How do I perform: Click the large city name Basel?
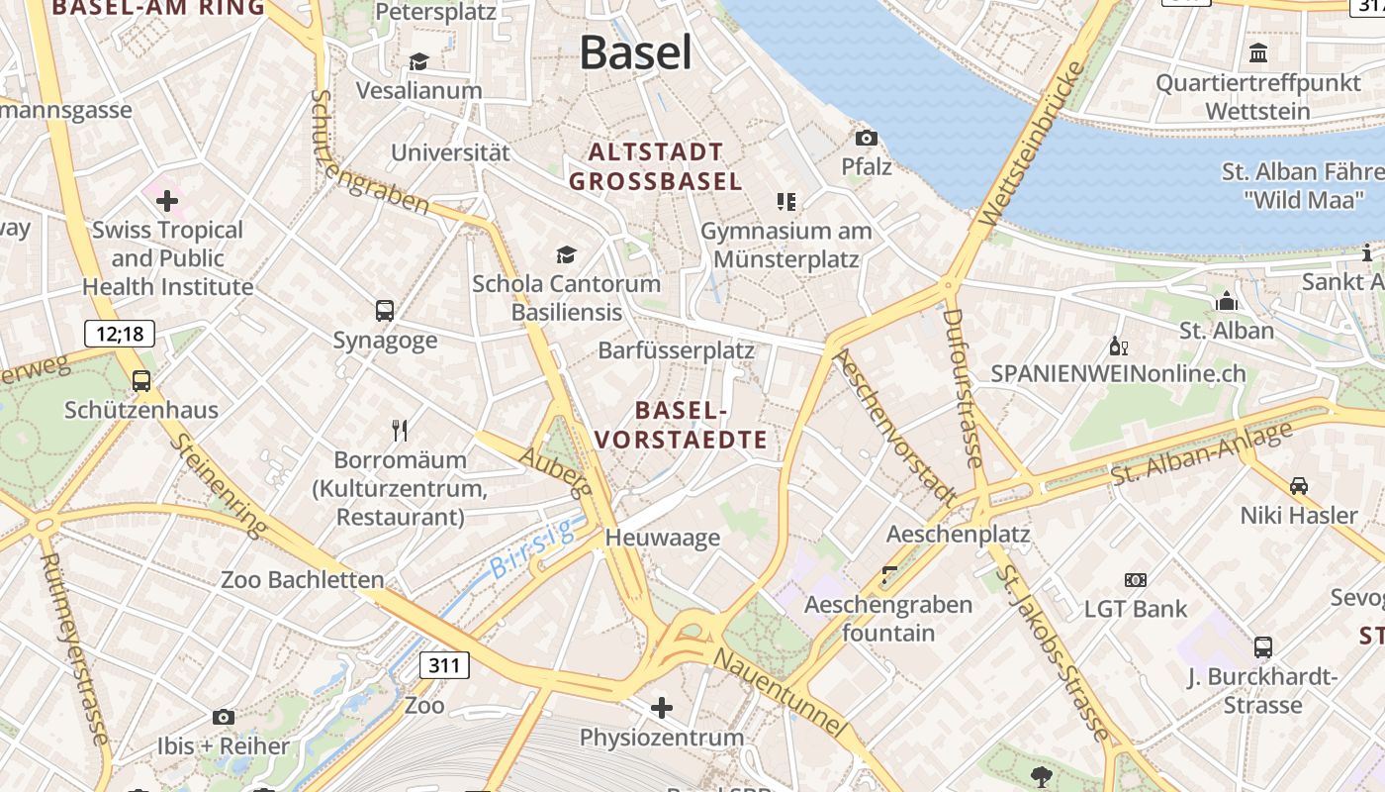coord(635,51)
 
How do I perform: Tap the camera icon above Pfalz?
coord(867,138)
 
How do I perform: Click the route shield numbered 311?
coord(444,664)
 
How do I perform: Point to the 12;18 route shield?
coord(120,334)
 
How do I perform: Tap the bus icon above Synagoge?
coord(385,311)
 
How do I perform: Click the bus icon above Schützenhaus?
coord(141,380)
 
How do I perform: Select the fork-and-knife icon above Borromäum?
coord(400,430)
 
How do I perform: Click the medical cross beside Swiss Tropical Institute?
coord(167,202)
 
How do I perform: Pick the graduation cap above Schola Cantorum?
coord(566,255)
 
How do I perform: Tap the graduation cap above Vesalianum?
coord(418,62)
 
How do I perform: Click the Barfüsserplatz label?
coord(676,350)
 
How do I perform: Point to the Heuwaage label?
coord(662,538)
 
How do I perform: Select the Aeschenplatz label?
coord(958,535)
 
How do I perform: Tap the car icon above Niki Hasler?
coord(1299,486)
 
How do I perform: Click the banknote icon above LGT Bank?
coord(1135,580)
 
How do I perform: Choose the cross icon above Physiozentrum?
coord(662,708)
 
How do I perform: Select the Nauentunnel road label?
coord(781,692)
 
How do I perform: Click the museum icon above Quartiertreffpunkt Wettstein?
coord(1258,53)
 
